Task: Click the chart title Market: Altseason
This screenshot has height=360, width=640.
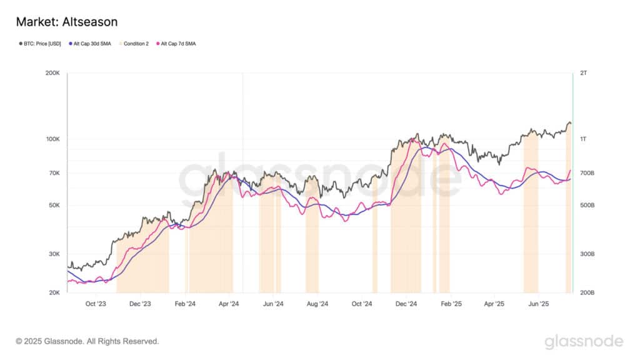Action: tap(66, 22)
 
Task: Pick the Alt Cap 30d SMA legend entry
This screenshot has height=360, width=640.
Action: tap(94, 44)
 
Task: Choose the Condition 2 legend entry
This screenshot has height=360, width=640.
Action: tap(135, 44)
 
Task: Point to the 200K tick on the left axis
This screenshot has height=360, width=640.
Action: tap(53, 74)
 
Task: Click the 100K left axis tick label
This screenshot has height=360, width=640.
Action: tap(53, 139)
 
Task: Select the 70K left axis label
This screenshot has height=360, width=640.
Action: tap(54, 173)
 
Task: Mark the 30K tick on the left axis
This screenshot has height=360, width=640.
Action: tap(54, 254)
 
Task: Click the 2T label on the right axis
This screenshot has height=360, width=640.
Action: tap(583, 74)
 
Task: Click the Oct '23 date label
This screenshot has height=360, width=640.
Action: tap(96, 304)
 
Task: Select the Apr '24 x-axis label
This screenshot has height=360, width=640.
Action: tap(229, 304)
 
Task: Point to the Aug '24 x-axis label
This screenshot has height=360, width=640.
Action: tap(317, 304)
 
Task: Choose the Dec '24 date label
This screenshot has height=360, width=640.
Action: tap(406, 304)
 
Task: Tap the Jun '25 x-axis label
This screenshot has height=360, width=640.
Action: tap(539, 304)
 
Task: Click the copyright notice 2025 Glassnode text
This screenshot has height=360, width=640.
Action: tap(87, 341)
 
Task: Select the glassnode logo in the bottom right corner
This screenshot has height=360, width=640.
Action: tap(584, 341)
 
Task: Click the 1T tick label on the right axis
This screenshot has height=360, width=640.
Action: tap(583, 139)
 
